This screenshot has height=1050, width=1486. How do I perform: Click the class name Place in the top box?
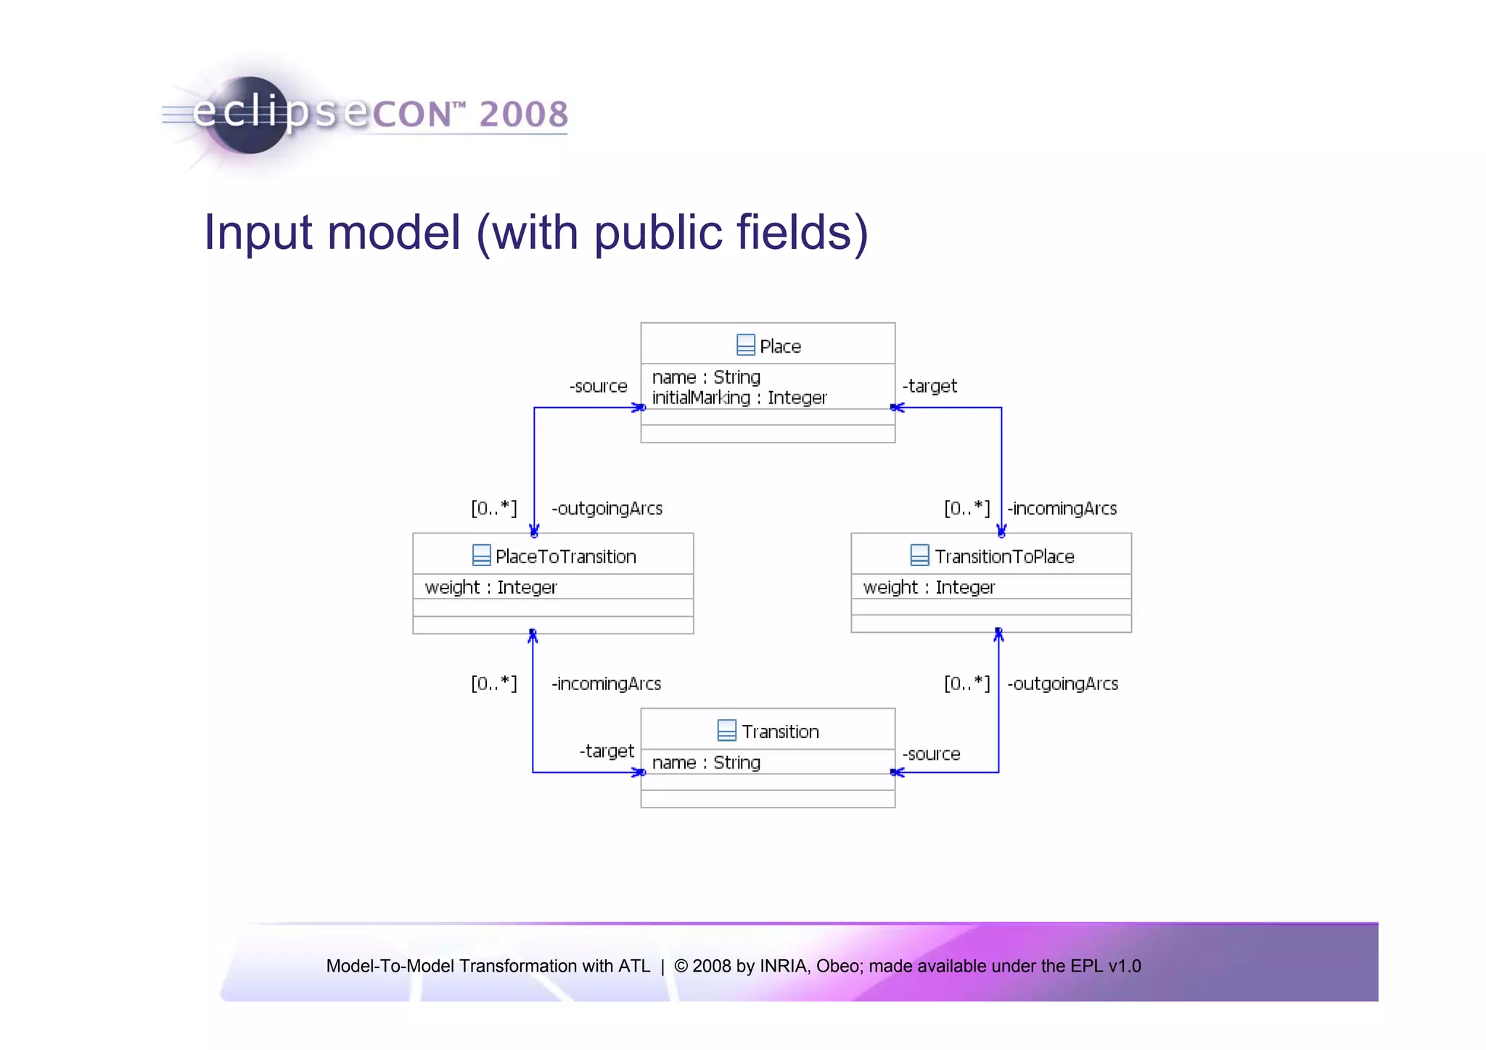[x=780, y=346]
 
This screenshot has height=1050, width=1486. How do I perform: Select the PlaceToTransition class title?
[x=565, y=557]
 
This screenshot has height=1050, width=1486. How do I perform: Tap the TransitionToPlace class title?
[x=1003, y=557]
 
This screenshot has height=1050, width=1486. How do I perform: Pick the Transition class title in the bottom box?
[x=780, y=731]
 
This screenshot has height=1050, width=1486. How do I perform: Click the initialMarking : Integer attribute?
[x=739, y=398]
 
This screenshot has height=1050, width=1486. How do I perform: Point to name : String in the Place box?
[x=706, y=377]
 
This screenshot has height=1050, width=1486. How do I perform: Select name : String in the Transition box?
[x=706, y=763]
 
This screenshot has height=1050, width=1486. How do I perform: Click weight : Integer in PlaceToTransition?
[x=490, y=587]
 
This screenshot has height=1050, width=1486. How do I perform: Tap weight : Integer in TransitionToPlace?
[x=929, y=587]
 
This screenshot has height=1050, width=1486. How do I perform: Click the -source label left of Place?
[x=598, y=386]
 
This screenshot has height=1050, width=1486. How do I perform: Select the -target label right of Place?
[x=929, y=386]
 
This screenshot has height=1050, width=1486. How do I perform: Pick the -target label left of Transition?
[x=607, y=751]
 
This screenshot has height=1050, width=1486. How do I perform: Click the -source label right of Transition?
[x=931, y=754]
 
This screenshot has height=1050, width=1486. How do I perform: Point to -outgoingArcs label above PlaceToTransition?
[x=607, y=509]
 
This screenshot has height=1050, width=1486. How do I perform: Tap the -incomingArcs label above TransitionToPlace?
[x=1062, y=509]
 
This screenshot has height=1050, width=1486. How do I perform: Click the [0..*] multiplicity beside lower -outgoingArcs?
[x=966, y=684]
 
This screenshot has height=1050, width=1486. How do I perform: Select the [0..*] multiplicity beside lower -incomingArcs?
[x=493, y=684]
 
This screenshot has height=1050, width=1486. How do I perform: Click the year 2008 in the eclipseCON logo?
[x=523, y=115]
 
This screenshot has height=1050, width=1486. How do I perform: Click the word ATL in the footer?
[x=634, y=966]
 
